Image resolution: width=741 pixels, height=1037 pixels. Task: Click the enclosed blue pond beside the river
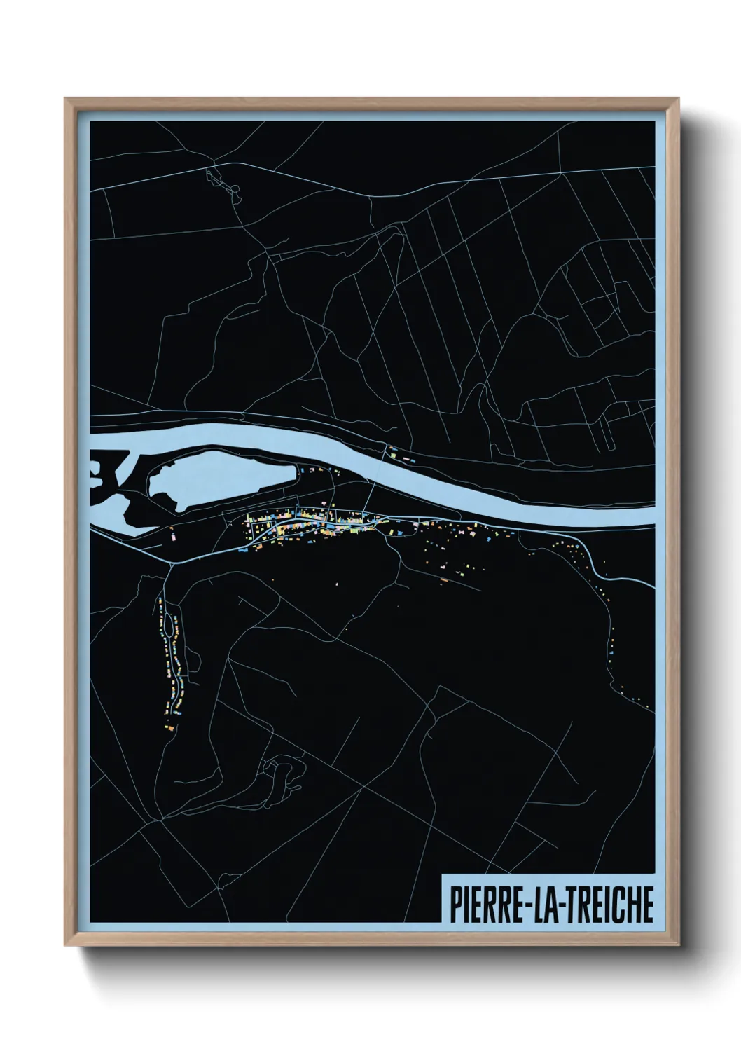point(217,476)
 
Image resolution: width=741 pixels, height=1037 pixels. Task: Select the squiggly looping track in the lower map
point(280,774)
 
